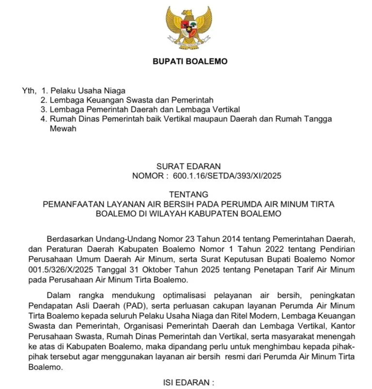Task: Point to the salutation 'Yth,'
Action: pyautogui.click(x=29, y=91)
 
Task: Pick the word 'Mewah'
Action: pyautogui.click(x=63, y=129)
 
